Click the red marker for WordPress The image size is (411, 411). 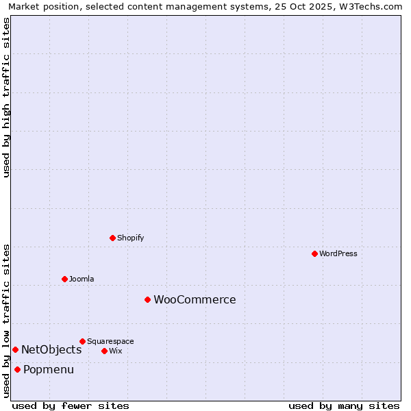(x=314, y=253)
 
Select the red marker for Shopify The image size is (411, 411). (x=112, y=238)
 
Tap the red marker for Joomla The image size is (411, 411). (x=64, y=279)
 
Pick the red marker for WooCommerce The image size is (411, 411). (x=147, y=299)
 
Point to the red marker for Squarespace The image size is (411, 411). (x=82, y=341)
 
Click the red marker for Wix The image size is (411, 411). (x=104, y=351)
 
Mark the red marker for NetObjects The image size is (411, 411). (x=15, y=349)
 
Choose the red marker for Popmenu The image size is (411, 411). (x=17, y=369)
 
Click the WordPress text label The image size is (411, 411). (x=338, y=253)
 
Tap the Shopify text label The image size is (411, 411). (x=130, y=238)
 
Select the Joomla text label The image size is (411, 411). (x=82, y=279)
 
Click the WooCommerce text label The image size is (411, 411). (x=195, y=299)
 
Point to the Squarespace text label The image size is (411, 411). (x=110, y=341)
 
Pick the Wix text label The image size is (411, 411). (x=115, y=351)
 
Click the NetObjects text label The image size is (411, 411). (x=51, y=349)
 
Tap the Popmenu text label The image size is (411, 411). (x=49, y=369)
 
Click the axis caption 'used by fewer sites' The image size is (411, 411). (x=71, y=406)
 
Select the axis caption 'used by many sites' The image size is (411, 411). (x=344, y=406)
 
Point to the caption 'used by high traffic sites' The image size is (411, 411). (x=6, y=97)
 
